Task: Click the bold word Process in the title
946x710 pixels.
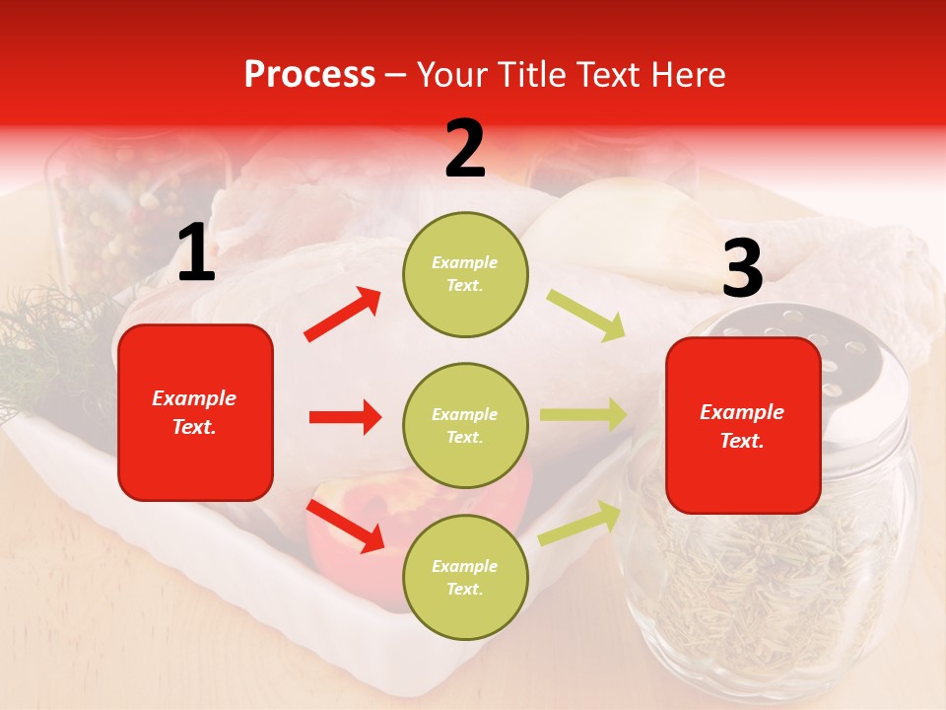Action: click(309, 75)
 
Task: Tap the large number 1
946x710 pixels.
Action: click(196, 253)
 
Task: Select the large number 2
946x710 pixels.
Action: click(465, 148)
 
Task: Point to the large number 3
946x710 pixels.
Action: click(742, 268)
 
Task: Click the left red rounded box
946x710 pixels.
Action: click(195, 412)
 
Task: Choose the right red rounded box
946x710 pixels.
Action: click(743, 425)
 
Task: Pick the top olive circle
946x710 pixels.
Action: click(465, 274)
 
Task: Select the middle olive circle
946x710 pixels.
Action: click(465, 425)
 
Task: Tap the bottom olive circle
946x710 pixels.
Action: click(465, 577)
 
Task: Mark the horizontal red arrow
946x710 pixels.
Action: click(345, 417)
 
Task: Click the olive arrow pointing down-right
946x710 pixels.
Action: click(586, 315)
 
